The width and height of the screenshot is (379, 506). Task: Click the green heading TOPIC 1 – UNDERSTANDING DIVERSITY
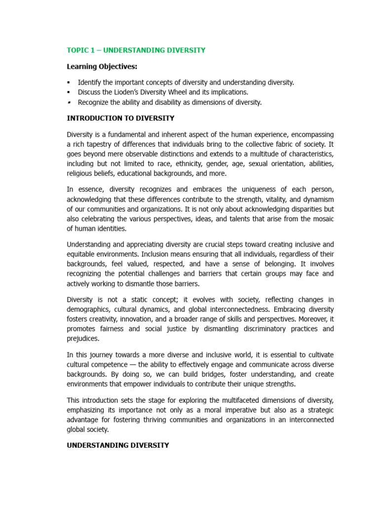[136, 50]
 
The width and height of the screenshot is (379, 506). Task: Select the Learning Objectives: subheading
[102, 67]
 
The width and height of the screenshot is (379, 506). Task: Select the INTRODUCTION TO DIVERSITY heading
[120, 119]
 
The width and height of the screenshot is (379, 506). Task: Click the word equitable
[82, 254]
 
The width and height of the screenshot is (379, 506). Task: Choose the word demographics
[88, 310]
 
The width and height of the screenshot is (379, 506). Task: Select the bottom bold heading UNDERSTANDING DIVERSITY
[118, 445]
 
